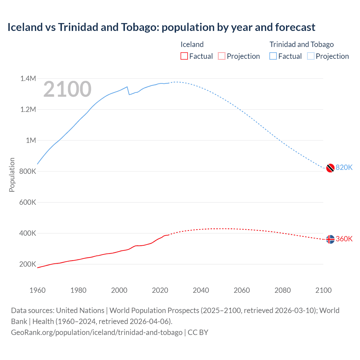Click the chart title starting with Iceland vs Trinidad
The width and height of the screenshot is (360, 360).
tap(161, 27)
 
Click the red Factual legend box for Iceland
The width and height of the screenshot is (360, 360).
tap(184, 56)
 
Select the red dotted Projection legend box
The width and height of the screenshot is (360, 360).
tap(222, 56)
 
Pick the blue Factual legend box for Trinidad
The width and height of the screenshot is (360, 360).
tap(273, 56)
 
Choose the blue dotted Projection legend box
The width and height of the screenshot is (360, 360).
tap(310, 56)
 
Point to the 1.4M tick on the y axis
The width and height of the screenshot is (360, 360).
tap(28, 78)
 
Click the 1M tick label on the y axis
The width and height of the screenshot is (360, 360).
tap(31, 140)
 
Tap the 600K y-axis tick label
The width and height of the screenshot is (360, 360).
tap(28, 202)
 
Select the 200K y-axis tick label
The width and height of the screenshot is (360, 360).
tap(28, 264)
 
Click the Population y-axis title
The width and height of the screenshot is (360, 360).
tap(12, 175)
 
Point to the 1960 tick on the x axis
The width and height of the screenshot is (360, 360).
tap(37, 290)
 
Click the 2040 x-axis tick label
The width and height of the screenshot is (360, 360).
tap(201, 290)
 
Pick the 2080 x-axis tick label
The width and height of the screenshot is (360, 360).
tap(282, 290)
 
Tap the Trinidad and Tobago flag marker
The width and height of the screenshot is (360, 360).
tap(330, 168)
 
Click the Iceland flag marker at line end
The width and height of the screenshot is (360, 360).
tap(330, 239)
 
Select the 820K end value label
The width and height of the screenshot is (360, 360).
tap(344, 167)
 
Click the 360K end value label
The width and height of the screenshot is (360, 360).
tap(344, 239)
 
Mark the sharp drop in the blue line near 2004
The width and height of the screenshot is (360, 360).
tap(128, 91)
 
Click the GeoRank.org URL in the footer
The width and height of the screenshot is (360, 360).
tap(97, 332)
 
